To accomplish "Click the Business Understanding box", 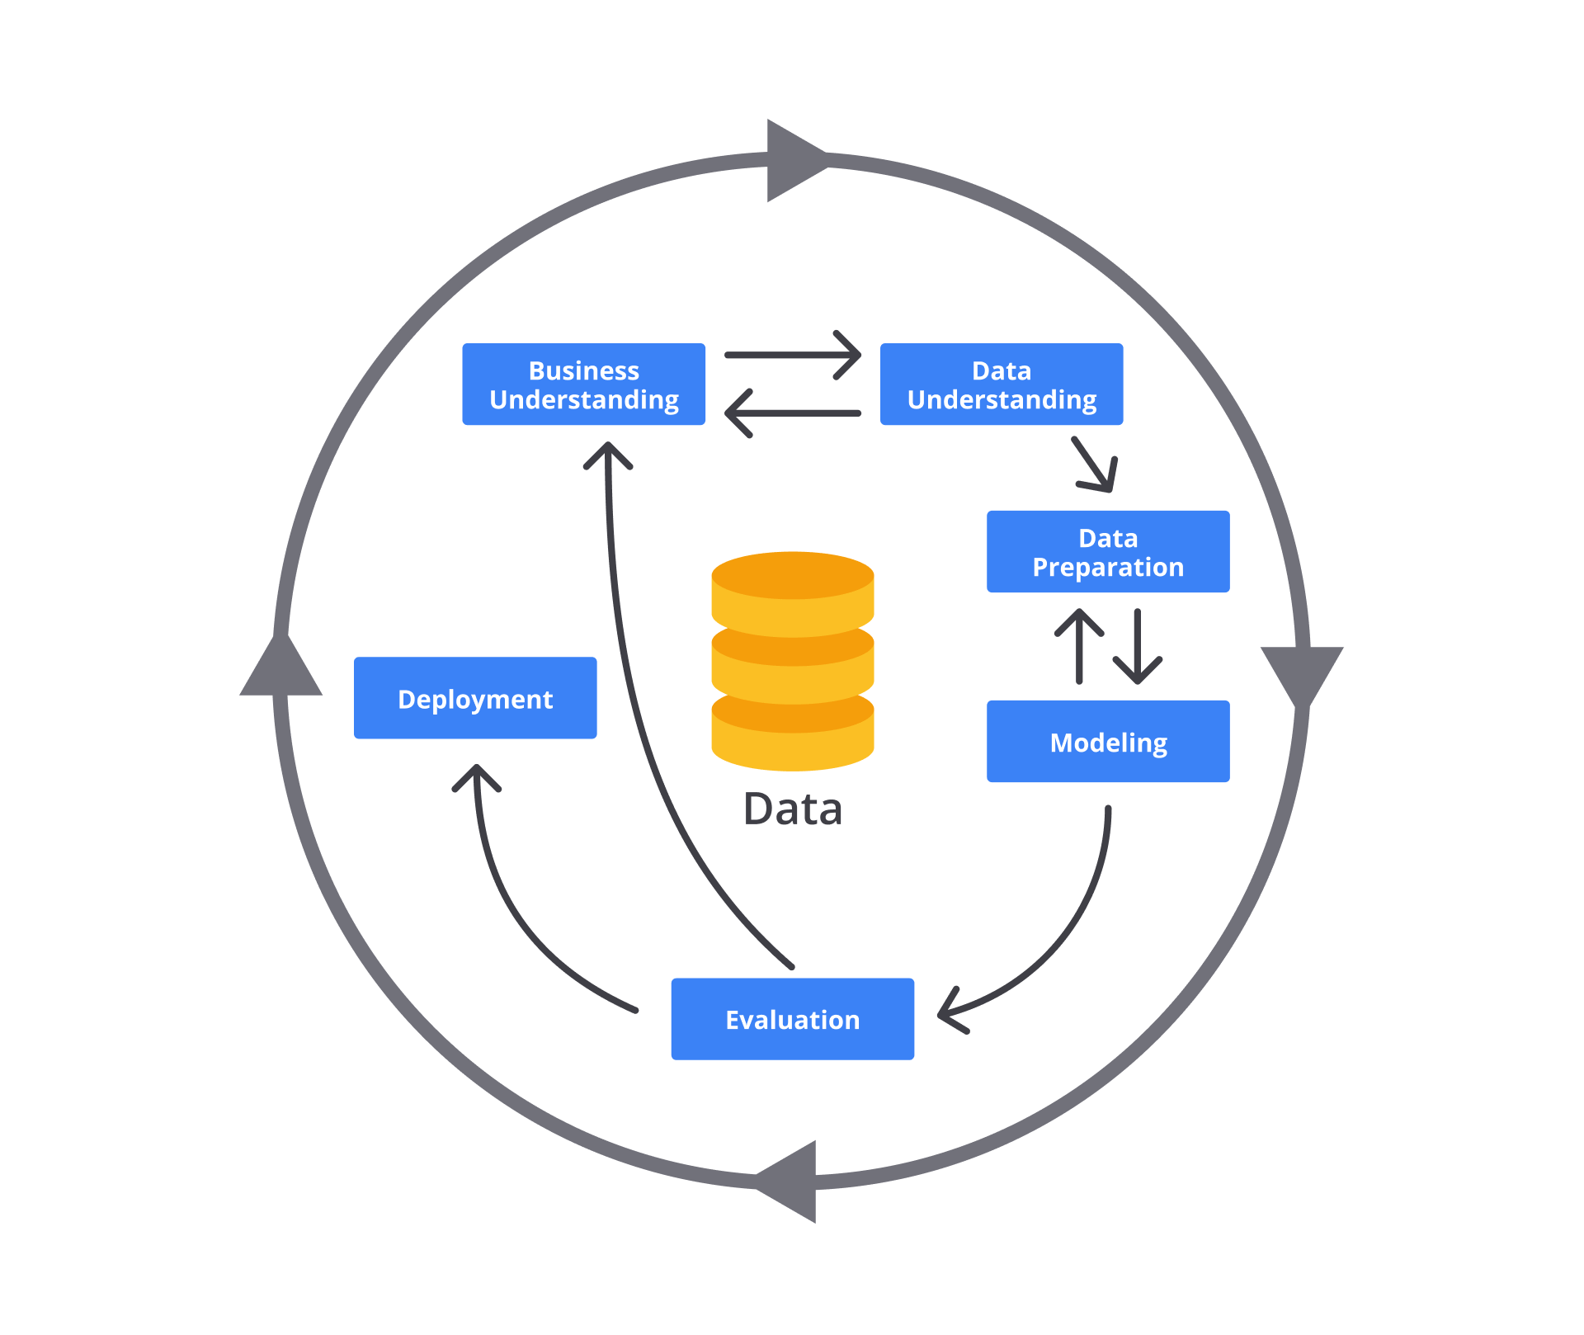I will tap(583, 384).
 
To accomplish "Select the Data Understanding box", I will tap(1001, 384).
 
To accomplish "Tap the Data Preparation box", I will tap(1107, 552).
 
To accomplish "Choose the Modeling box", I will tap(1107, 742).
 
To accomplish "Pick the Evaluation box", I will tap(792, 1019).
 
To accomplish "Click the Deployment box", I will tap(474, 698).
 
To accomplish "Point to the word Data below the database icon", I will tap(792, 809).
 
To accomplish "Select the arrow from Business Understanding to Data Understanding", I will tap(792, 355).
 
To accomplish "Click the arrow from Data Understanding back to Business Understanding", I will tap(792, 413).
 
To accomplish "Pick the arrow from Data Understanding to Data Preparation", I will tap(1096, 465).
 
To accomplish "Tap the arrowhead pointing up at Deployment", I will tap(477, 777).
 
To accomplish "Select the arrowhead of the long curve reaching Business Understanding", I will tap(608, 455).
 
